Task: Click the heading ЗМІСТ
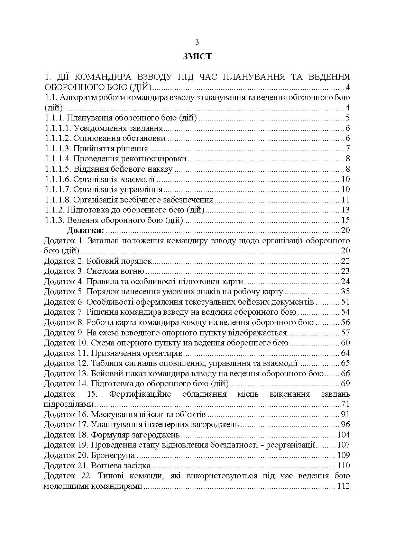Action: tap(197, 57)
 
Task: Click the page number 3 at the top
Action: tap(197, 42)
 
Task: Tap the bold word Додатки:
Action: tap(85, 230)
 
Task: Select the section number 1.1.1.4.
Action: tap(58, 159)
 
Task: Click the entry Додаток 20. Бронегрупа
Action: tap(89, 455)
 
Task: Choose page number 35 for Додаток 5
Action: tap(346, 291)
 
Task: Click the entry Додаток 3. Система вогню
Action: tap(94, 271)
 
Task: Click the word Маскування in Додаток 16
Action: tap(110, 414)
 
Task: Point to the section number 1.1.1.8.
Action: tap(58, 200)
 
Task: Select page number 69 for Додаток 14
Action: tap(346, 384)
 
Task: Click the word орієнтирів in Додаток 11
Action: tap(162, 353)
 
